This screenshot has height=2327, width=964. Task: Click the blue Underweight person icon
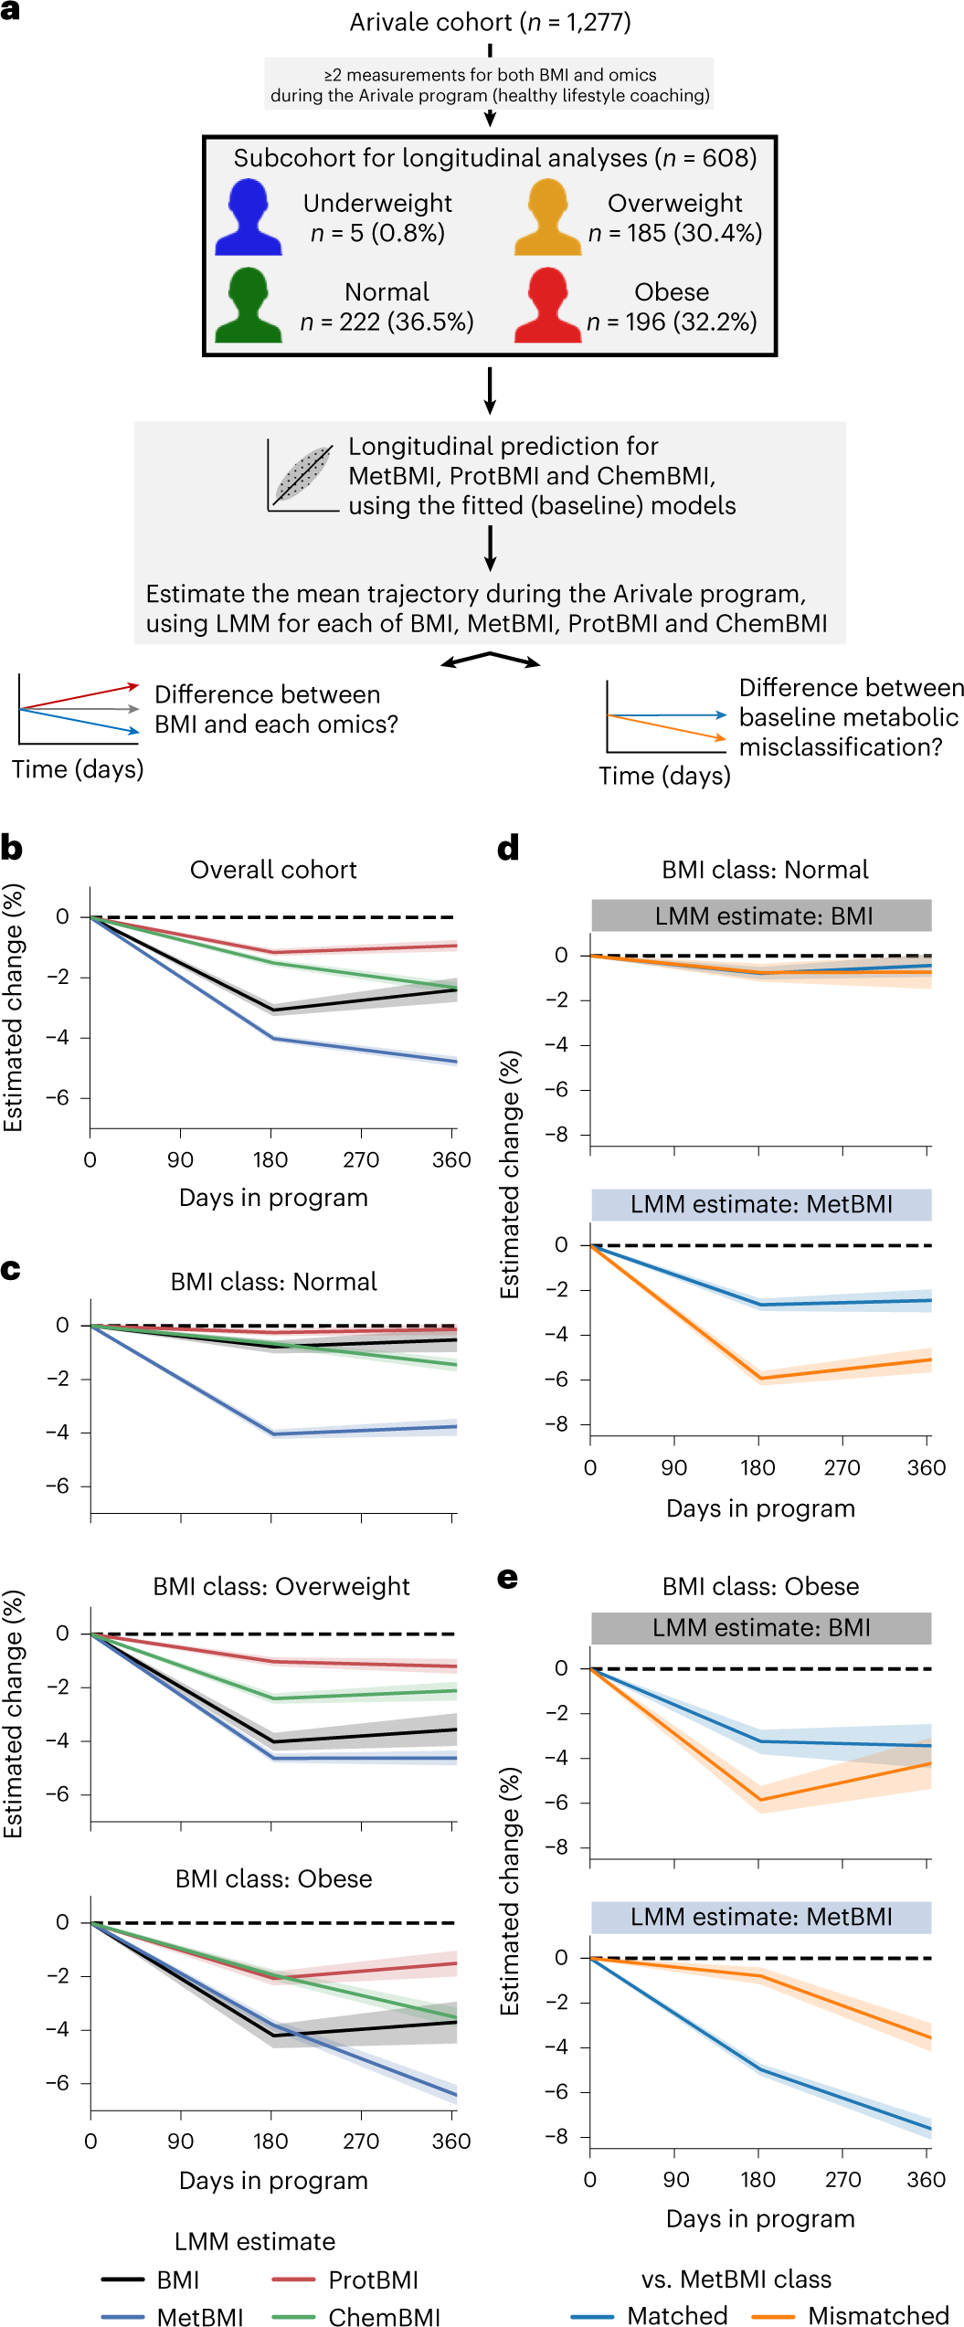248,217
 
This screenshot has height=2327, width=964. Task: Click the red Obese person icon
547,306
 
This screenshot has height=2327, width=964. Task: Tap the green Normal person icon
248,306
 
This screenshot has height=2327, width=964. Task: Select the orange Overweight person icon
547,217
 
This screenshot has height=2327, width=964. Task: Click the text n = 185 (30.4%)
674,233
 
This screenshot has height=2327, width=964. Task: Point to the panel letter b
12,848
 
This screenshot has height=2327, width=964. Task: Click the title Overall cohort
273,870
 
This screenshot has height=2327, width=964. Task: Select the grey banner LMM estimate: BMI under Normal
761,915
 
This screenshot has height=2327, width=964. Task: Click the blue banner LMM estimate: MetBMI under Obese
761,1917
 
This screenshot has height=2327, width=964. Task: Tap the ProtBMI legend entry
345,2280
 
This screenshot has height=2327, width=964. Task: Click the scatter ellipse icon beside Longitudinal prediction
302,473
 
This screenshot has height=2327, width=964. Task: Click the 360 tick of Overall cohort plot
451,1160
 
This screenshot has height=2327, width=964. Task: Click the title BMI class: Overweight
281,1586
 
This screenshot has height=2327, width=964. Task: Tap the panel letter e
507,1579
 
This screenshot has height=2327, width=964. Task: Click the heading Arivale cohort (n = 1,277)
490,22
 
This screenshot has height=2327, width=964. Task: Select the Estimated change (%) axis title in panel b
13,1009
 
